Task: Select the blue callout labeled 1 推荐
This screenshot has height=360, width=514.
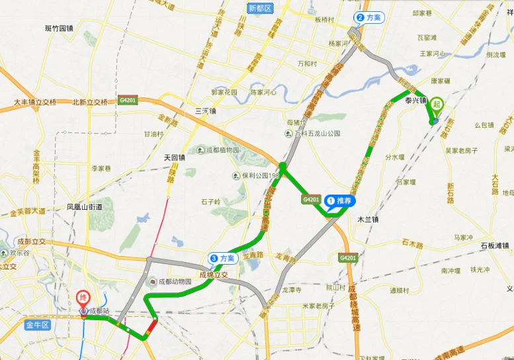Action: [340, 201]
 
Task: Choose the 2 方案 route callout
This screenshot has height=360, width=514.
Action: [369, 18]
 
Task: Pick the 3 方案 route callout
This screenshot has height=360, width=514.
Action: [223, 258]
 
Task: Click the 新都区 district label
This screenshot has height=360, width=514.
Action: [260, 8]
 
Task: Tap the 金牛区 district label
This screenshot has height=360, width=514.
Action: [37, 325]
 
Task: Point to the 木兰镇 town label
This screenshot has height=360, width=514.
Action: [368, 219]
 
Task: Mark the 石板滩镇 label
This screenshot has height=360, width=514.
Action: [494, 246]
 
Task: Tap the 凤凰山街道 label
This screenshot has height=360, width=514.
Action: [85, 207]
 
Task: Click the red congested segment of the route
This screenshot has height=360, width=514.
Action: [152, 326]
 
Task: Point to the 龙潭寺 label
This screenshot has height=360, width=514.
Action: [292, 290]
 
